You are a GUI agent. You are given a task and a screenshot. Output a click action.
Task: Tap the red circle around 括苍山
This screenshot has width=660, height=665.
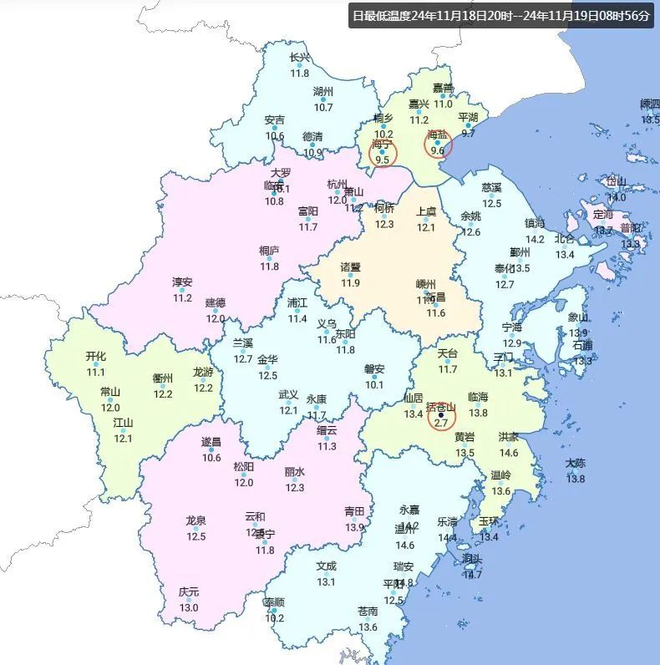[x=440, y=415]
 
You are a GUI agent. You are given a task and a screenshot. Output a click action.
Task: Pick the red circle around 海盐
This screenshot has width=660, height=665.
[x=437, y=143]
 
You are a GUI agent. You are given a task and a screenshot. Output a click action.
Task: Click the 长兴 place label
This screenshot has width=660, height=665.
[x=299, y=58]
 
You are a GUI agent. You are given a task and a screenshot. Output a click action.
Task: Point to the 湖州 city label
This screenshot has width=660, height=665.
[x=323, y=91]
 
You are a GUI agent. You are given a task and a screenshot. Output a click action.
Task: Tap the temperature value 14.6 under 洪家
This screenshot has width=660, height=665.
[x=508, y=453]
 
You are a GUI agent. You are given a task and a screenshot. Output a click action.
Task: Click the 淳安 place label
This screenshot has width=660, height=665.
[x=182, y=282]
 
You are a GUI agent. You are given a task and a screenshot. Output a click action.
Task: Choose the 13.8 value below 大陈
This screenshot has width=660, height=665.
[x=576, y=479]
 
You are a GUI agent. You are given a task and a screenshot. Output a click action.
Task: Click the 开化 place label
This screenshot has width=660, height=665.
[x=96, y=356]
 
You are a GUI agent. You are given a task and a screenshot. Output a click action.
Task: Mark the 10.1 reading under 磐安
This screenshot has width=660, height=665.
[x=373, y=384]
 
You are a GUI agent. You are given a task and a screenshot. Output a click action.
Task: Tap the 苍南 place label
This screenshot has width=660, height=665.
[x=368, y=611]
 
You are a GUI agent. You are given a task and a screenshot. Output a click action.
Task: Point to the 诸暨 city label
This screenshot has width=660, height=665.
[x=350, y=267]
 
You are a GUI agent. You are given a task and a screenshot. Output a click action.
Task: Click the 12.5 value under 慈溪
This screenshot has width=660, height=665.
[x=491, y=203]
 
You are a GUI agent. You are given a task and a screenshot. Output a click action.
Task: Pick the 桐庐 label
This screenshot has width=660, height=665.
[x=269, y=250]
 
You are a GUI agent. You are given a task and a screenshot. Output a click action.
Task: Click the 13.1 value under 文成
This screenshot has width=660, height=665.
[x=326, y=581]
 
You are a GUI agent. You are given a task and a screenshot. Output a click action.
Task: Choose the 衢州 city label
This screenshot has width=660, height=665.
[x=162, y=378]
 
